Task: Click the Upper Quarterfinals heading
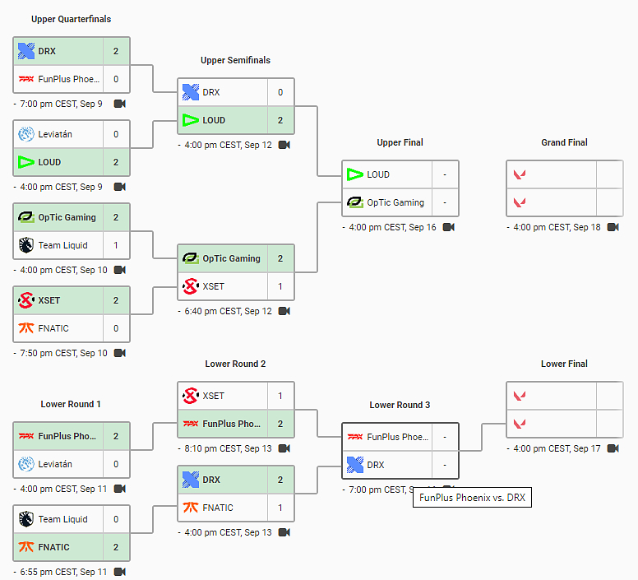[71, 19]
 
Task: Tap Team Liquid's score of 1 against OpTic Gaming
[116, 245]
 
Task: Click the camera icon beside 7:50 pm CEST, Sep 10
[119, 353]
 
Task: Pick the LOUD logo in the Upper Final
[355, 174]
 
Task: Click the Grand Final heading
[564, 142]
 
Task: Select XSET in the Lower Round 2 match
[213, 396]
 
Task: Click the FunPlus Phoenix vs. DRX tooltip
[472, 497]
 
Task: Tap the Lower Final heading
[564, 364]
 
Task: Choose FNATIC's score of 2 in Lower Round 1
[116, 547]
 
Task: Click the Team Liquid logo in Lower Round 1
[25, 519]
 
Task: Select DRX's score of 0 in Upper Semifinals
[280, 92]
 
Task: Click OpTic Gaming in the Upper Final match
[395, 202]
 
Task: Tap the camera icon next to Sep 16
[448, 227]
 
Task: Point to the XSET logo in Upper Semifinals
[190, 286]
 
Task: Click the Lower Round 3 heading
[400, 405]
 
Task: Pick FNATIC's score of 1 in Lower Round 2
[280, 508]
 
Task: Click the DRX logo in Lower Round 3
[355, 465]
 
